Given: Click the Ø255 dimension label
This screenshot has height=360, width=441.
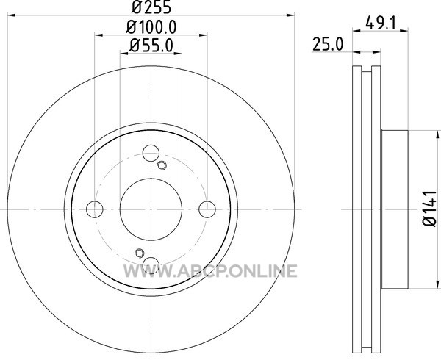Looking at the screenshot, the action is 151,7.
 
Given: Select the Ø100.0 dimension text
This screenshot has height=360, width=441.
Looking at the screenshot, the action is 151,27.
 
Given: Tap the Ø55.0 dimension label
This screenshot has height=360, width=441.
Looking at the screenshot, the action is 151,46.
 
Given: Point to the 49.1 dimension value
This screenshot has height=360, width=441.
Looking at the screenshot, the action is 381,23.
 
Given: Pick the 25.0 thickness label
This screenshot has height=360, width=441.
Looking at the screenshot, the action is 328,45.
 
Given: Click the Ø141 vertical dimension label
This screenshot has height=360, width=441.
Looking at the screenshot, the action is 429,209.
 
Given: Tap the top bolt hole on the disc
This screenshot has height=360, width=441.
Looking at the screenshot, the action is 151,153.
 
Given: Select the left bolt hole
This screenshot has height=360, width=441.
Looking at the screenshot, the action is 95,209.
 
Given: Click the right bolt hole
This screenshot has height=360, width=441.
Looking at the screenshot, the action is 207,209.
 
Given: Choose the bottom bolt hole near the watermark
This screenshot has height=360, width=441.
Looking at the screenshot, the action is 151,265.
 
